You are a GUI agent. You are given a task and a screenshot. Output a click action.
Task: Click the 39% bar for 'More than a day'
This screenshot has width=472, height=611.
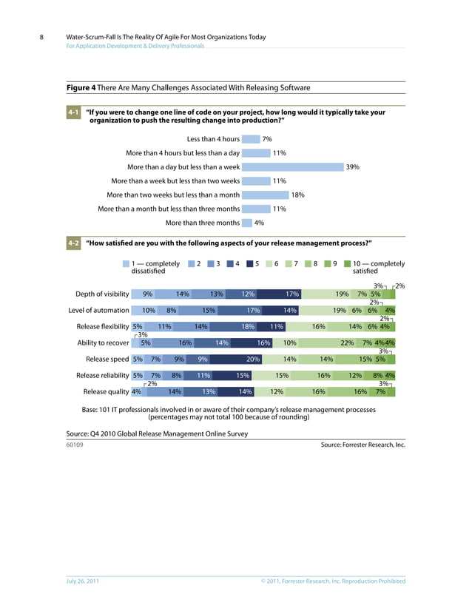(x=292, y=167)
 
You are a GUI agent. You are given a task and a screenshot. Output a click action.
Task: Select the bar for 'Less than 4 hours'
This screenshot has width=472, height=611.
(x=250, y=139)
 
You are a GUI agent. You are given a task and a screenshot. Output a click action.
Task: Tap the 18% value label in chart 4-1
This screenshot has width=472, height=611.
(x=297, y=195)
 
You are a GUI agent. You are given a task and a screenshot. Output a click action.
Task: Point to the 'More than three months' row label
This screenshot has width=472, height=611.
(x=202, y=223)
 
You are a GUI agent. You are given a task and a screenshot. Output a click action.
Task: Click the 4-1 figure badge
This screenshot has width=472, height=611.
(x=73, y=112)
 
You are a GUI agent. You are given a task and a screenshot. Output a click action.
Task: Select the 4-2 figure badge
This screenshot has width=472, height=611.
(x=73, y=243)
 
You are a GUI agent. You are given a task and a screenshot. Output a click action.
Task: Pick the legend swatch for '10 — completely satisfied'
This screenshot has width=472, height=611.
(x=347, y=263)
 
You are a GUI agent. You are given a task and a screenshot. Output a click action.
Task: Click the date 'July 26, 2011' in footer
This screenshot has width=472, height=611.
(x=83, y=581)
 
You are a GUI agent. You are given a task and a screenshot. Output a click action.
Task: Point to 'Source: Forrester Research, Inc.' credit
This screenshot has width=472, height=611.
(x=363, y=445)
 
